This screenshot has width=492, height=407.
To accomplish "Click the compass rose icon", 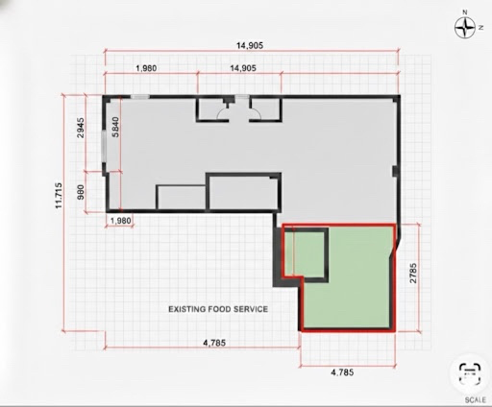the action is pyautogui.click(x=465, y=28).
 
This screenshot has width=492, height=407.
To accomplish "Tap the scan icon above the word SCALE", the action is pyautogui.click(x=470, y=373).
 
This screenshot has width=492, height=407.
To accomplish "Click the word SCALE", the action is pyautogui.click(x=475, y=400).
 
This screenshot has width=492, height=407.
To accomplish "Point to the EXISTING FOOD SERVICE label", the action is pyautogui.click(x=218, y=309).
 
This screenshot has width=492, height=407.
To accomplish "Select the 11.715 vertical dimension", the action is pyautogui.click(x=59, y=196).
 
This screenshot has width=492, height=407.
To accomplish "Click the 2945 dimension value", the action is pyautogui.click(x=81, y=128).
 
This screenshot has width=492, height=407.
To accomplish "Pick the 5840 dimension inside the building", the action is pyautogui.click(x=115, y=127).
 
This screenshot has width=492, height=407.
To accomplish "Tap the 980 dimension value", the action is pyautogui.click(x=81, y=192).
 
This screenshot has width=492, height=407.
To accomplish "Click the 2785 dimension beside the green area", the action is pyautogui.click(x=413, y=273).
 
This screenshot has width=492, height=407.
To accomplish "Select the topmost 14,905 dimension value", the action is pyautogui.click(x=250, y=45).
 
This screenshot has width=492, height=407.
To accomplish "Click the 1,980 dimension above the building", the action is pyautogui.click(x=146, y=68).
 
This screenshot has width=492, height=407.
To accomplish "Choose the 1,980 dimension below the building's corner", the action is pyautogui.click(x=121, y=221).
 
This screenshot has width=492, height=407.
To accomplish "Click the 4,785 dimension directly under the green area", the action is pyautogui.click(x=342, y=372).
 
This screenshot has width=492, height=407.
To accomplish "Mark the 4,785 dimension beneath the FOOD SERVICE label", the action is pyautogui.click(x=214, y=343).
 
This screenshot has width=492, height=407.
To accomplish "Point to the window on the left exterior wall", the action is pyautogui.click(x=104, y=146).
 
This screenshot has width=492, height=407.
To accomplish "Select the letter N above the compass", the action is pyautogui.click(x=465, y=12).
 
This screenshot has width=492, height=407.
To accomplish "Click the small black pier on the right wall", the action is pyautogui.click(x=396, y=171).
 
